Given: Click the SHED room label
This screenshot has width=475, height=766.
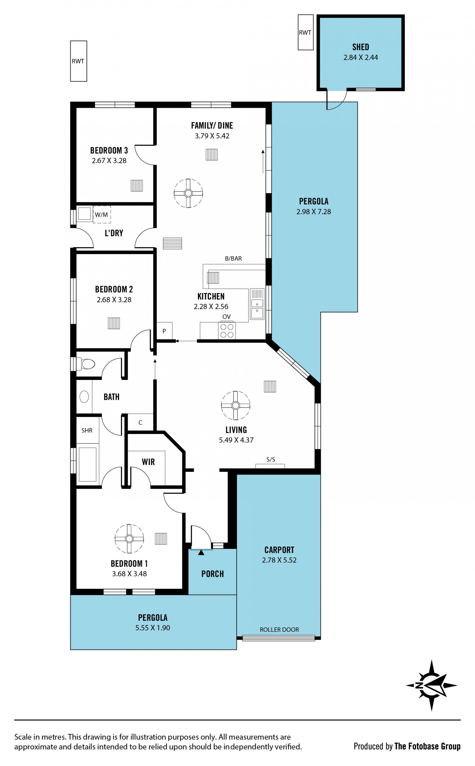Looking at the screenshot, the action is tap(360, 47).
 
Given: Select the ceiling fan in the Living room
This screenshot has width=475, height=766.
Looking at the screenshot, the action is tap(236, 406).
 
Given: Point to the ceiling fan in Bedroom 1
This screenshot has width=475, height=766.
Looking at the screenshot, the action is tap(129, 539).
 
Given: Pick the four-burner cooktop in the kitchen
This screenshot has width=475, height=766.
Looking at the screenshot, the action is tap(227, 331).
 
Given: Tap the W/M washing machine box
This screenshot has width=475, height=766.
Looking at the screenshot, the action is tap(102, 215).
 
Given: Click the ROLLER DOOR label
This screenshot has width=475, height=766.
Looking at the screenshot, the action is tap(279, 630).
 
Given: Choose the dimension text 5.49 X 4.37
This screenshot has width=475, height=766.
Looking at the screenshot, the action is tap(236, 440).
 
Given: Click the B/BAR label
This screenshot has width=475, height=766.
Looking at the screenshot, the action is tap(233, 259).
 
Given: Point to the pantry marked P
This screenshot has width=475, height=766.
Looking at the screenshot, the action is tap(164, 331).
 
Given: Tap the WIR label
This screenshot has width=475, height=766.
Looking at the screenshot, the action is tap(148, 462).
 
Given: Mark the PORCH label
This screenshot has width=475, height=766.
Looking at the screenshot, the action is tap(213, 574).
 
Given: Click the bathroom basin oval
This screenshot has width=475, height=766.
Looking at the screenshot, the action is tap(84, 397).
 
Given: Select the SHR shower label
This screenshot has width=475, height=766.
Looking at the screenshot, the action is tap(87, 430).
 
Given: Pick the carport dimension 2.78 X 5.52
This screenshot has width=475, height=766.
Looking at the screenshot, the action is tap(279, 560).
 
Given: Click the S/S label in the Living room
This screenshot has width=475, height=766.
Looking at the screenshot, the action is tap(271, 460).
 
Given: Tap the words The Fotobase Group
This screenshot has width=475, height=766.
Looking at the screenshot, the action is tap(427, 746).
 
